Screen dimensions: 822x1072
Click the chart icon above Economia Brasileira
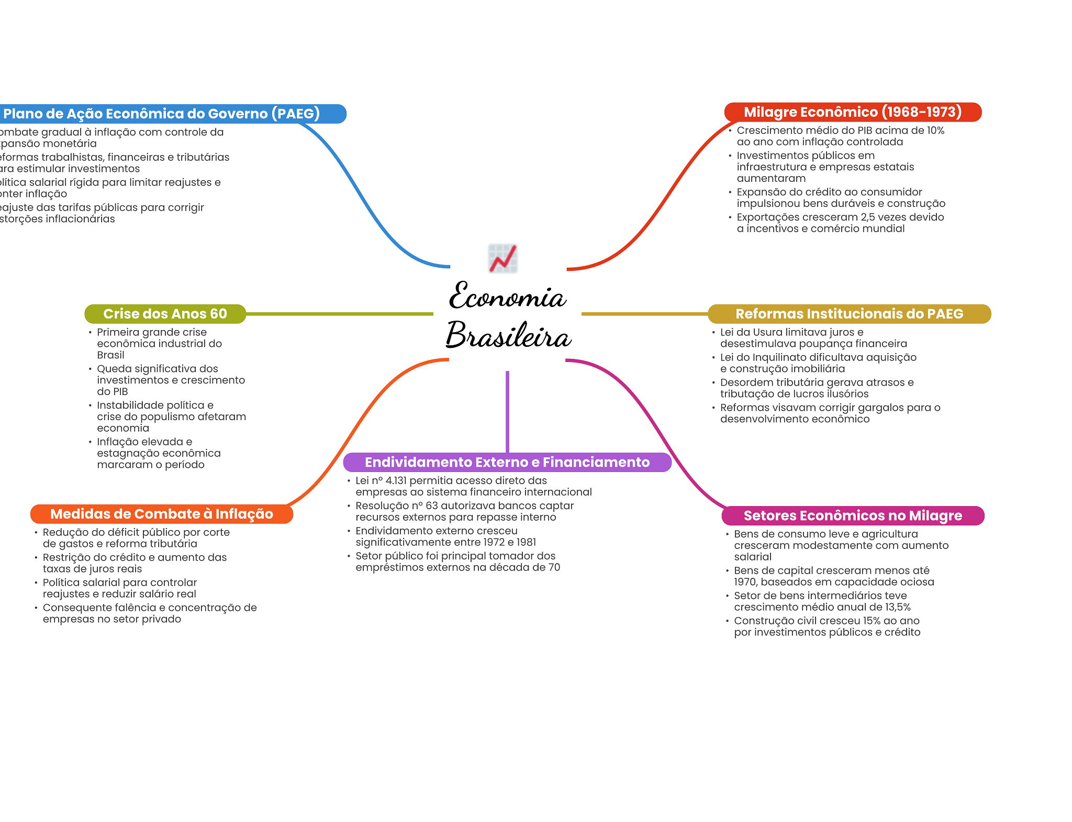pyautogui.click(x=503, y=258)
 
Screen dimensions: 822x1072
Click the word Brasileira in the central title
pyautogui.click(x=508, y=335)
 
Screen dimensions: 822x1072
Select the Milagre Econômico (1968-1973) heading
pyautogui.click(x=852, y=112)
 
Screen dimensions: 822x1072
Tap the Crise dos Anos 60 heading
pyautogui.click(x=165, y=314)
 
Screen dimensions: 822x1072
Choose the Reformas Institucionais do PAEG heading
pyautogui.click(x=849, y=314)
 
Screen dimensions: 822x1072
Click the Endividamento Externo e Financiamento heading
pyautogui.click(x=507, y=462)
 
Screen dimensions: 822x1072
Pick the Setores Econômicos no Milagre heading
pyautogui.click(x=852, y=516)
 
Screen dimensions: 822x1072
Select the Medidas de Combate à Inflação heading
pyautogui.click(x=161, y=514)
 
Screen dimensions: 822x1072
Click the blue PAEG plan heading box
pyautogui.click(x=167, y=114)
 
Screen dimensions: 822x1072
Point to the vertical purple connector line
pyautogui.click(x=507, y=411)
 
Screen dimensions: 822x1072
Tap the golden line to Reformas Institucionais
pyautogui.click(x=644, y=314)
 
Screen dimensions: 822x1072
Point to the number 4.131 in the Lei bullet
pyautogui.click(x=396, y=480)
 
